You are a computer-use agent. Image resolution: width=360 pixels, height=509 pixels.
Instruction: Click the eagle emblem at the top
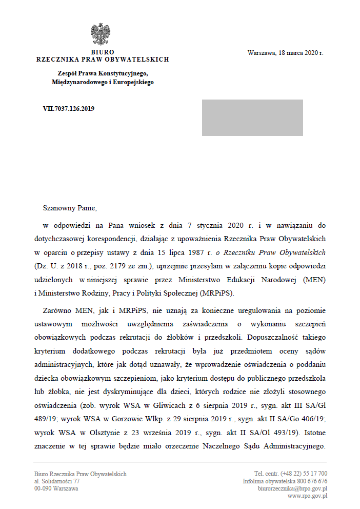[x=103, y=35]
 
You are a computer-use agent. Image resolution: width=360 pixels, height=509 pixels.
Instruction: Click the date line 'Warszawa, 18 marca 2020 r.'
[x=285, y=53]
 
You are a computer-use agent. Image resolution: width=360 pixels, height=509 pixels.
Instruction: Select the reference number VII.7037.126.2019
[x=69, y=108]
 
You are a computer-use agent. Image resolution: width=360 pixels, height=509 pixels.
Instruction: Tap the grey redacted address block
[x=252, y=118]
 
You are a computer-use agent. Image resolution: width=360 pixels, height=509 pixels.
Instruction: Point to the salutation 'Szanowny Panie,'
[x=70, y=208]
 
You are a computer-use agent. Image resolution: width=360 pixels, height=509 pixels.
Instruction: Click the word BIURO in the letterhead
[x=103, y=52]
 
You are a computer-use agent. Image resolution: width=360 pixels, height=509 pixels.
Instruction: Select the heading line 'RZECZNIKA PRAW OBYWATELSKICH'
[x=103, y=60]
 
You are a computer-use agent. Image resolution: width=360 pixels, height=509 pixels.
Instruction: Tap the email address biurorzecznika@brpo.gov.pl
[x=292, y=489]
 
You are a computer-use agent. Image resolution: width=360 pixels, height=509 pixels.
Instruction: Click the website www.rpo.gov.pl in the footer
[x=307, y=496]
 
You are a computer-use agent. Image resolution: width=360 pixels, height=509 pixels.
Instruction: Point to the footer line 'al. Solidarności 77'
[x=57, y=482]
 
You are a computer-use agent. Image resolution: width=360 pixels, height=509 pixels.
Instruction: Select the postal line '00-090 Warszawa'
[x=56, y=489]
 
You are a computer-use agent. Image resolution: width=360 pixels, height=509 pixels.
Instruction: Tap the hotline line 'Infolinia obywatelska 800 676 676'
[x=285, y=482]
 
